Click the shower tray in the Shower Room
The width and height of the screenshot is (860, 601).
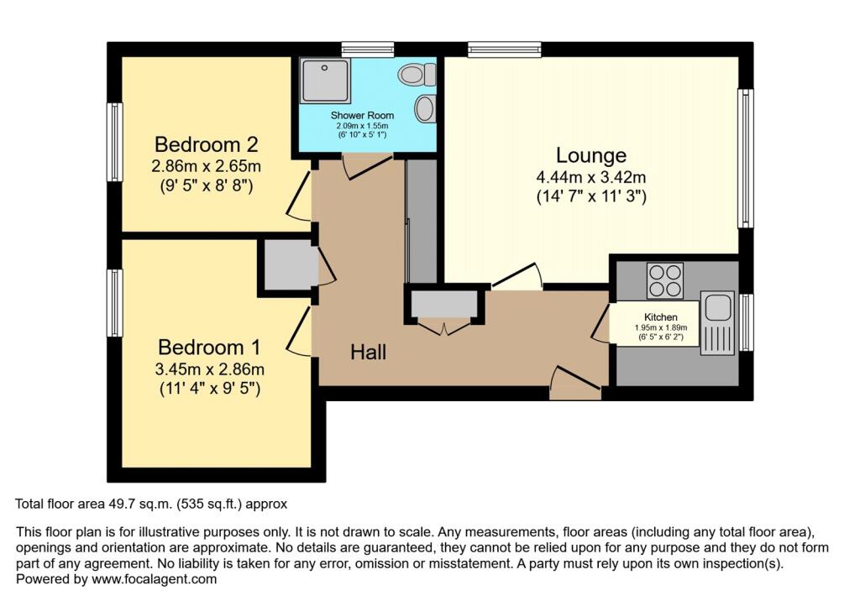pos(321,81)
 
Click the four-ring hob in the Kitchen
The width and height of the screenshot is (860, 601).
pos(663,280)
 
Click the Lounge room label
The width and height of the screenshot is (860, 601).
pos(591,155)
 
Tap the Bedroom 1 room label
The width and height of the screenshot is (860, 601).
pos(209,347)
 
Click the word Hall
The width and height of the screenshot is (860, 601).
pos(368,353)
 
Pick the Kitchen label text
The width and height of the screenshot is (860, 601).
pos(660,316)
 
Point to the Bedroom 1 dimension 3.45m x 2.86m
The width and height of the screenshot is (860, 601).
pos(210,368)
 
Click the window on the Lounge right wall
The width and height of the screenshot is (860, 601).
pos(744,159)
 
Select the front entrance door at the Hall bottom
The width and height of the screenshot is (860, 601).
pos(575,384)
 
